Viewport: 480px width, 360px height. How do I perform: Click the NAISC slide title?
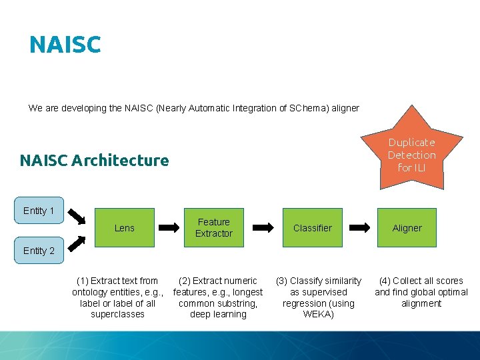coord(65,45)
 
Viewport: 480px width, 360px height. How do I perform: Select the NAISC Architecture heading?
coord(94,160)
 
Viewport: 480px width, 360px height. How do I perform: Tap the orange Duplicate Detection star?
coord(411,155)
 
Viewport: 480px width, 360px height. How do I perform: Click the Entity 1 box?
coord(39,211)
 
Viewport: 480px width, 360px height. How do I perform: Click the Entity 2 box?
coord(39,251)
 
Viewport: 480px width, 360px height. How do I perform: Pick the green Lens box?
coord(124,228)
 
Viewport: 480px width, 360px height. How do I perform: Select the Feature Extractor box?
coord(213,228)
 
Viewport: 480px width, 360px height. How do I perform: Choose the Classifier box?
coord(312,228)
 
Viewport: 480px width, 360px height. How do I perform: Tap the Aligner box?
coord(407,228)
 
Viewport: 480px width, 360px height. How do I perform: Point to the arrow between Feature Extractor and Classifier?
coord(263,228)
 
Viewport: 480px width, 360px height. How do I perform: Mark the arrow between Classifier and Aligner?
coord(361,228)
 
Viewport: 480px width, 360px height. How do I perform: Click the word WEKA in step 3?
coord(319,315)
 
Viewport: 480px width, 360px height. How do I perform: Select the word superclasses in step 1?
coord(117,315)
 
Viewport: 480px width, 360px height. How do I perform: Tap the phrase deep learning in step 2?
coord(218,315)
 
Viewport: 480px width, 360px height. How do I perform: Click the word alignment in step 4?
coord(421,303)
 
